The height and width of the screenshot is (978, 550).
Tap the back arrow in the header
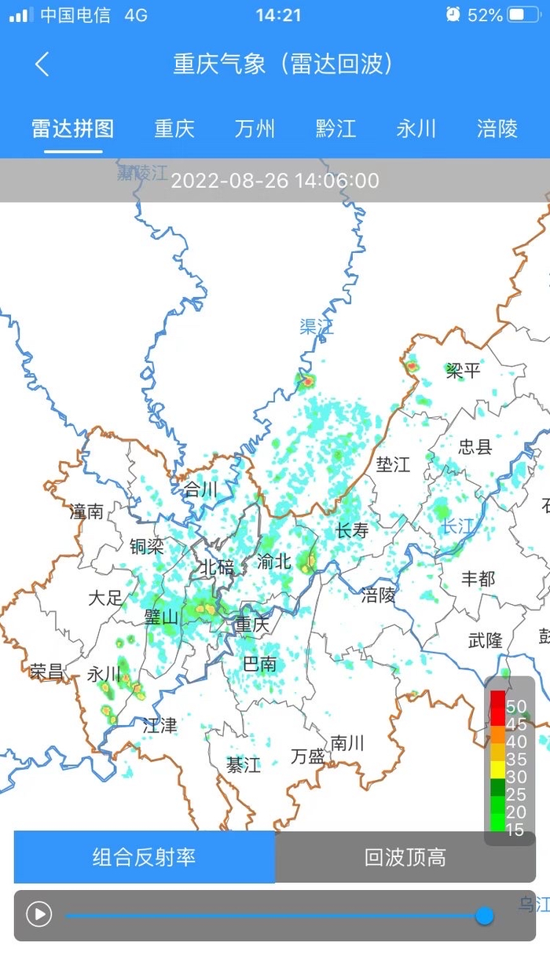42,64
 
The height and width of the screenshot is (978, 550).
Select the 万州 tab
255,129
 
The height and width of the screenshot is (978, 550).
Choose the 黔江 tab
336,129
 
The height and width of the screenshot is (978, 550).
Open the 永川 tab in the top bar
416,129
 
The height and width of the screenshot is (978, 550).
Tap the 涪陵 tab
497,129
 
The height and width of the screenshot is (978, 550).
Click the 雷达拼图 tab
73,129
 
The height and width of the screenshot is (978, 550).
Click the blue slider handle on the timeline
485,915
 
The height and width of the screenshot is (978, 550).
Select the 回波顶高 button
405,857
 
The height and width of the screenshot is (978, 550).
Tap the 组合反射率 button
144,857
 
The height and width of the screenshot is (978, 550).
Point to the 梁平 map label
463,371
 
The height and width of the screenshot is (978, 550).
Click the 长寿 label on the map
352,531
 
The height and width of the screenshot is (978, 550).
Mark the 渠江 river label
317,328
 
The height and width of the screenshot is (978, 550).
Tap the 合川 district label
200,490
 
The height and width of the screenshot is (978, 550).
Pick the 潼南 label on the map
86,512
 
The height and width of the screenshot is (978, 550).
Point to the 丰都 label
478,580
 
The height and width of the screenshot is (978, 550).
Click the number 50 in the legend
516,706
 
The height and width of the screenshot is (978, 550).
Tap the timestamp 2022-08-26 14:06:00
275,181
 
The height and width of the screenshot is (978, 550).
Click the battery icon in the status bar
523,15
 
